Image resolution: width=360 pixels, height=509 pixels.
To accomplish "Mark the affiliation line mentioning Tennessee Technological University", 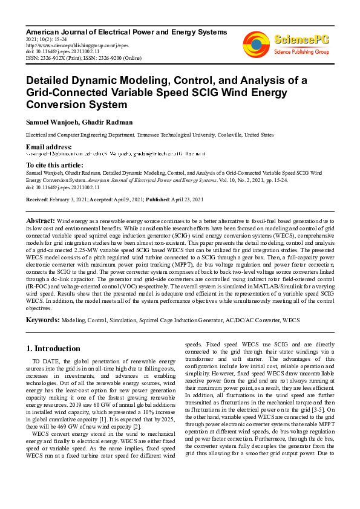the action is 141,135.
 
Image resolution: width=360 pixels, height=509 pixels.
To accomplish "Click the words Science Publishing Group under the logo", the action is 301,52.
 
